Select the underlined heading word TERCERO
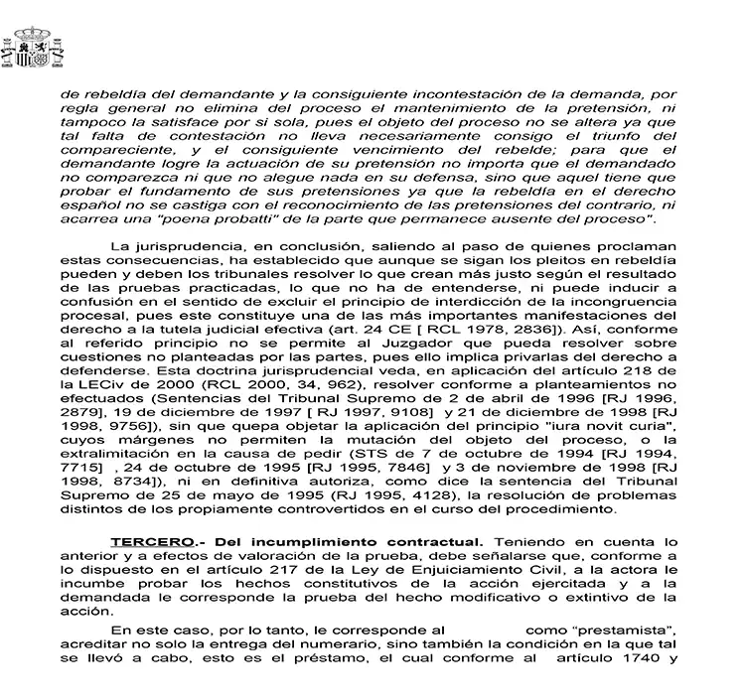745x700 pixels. (142, 541)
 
